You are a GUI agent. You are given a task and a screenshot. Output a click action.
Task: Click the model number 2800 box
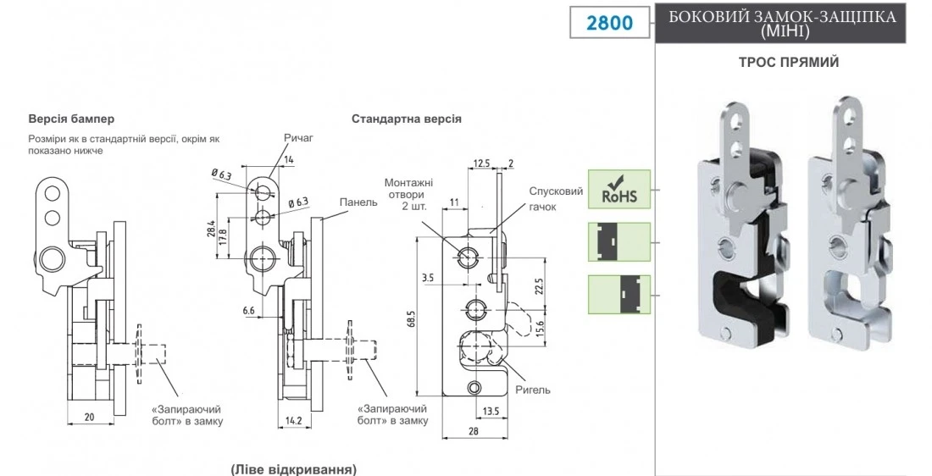(x=609, y=22)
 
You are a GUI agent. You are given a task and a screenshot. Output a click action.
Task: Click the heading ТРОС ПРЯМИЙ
(x=789, y=63)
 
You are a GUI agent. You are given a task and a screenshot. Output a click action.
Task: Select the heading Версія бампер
(x=71, y=119)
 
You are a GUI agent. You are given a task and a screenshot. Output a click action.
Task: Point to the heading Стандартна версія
(x=407, y=119)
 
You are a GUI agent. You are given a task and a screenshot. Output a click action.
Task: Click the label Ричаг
(x=298, y=138)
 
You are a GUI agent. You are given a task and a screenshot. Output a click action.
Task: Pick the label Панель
(x=358, y=203)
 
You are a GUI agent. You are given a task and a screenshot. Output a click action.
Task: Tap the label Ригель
(x=534, y=390)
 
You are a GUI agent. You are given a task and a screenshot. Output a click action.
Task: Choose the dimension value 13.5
(x=489, y=412)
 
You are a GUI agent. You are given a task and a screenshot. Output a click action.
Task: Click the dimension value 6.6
(x=249, y=312)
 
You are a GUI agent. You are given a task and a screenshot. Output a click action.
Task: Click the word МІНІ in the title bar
(x=787, y=32)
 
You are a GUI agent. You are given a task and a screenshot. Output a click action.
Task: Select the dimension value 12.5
(x=483, y=163)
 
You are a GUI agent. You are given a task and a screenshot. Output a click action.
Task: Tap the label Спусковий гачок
(x=556, y=199)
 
